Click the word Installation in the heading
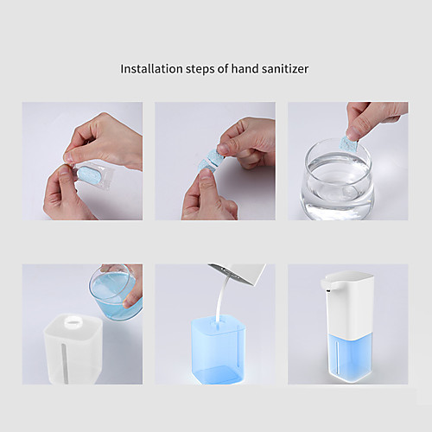coord(151,69)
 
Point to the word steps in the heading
coord(200,70)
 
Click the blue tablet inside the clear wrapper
coord(89,175)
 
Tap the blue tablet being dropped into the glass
coord(349,144)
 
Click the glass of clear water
coord(337,179)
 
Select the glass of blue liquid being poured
coord(115,292)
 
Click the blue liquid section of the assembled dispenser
coord(349,357)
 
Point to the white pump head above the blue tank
coord(238,273)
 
